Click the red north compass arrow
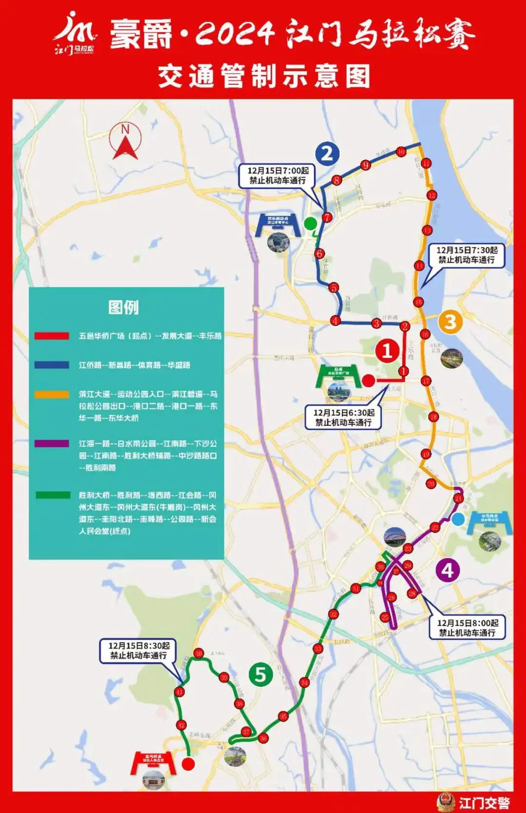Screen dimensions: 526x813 (x=125, y=142)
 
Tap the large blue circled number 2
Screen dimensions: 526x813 (x=327, y=154)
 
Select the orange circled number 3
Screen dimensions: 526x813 (x=450, y=322)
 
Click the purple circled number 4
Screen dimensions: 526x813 (x=448, y=570)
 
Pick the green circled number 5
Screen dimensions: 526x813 (x=261, y=674)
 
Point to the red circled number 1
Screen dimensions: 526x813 (x=387, y=350)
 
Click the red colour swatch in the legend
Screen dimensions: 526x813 (x=52, y=336)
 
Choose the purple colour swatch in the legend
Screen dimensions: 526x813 (x=52, y=444)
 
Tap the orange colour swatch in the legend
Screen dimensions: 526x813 (x=52, y=394)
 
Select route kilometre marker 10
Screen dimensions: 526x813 (x=401, y=152)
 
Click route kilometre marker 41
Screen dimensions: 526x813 (x=180, y=692)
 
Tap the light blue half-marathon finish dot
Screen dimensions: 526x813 (x=457, y=519)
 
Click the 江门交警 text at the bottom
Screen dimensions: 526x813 (x=484, y=803)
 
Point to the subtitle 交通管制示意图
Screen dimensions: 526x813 (x=263, y=77)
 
